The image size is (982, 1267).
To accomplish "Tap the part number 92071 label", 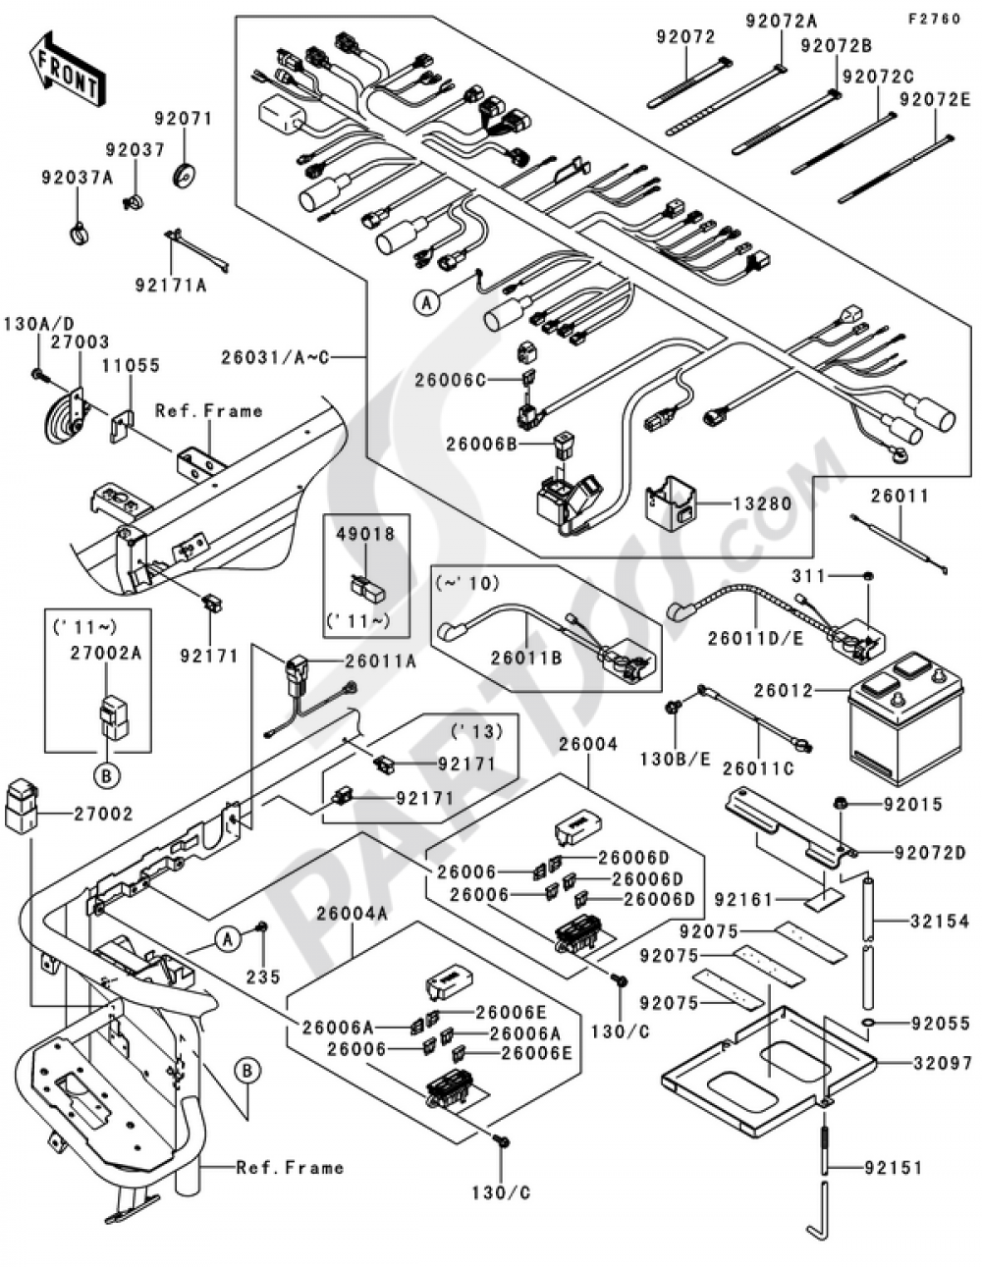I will coord(182,119).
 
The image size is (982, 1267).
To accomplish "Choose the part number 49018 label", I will coord(364,535).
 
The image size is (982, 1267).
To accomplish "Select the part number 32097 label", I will coord(939,1063).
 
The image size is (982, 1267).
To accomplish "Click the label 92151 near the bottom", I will coord(894,1168).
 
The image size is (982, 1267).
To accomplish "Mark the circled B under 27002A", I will coord(106,775).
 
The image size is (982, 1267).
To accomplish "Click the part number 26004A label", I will coord(352,913).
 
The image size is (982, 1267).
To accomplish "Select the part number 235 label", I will coord(263,977).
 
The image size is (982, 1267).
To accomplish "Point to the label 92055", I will coord(940,1024).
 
